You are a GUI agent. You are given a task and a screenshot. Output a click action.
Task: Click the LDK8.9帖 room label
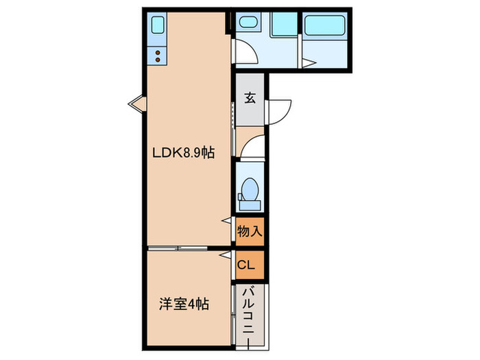(x=183, y=154)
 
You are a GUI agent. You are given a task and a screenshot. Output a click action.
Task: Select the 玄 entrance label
(x=250, y=98)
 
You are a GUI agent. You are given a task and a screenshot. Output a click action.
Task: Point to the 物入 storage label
(x=250, y=231)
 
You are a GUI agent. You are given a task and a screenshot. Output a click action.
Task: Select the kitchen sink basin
(x=156, y=27)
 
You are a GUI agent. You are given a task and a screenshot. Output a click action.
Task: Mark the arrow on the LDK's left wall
(x=135, y=104)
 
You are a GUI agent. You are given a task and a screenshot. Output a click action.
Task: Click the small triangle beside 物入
(x=226, y=220)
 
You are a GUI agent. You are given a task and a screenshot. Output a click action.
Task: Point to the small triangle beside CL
(x=224, y=255)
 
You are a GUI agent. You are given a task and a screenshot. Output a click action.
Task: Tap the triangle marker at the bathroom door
(x=308, y=63)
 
